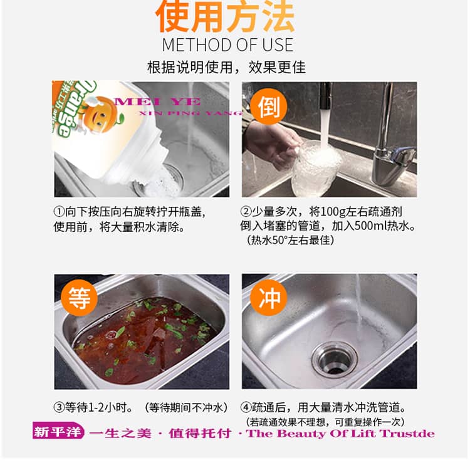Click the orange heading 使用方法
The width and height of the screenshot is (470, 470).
coord(225,16)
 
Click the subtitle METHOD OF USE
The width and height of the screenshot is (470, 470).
coord(227,45)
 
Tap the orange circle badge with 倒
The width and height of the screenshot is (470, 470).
coord(269,107)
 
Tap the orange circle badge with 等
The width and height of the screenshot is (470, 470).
coord(79,298)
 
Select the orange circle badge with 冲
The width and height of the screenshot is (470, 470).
coord(269,298)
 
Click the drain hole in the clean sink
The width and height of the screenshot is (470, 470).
coord(335,360)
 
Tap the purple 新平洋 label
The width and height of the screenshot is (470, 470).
coord(58,431)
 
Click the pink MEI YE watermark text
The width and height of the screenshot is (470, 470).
coord(157,102)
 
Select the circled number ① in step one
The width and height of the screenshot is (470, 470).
coord(59,212)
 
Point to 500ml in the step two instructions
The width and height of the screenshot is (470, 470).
coord(370,226)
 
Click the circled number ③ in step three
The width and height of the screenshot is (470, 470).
coord(59,407)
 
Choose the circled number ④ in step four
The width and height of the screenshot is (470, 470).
coord(246,407)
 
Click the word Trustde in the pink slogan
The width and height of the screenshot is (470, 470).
coord(407,434)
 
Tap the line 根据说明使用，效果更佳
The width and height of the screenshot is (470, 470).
coord(226,67)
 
